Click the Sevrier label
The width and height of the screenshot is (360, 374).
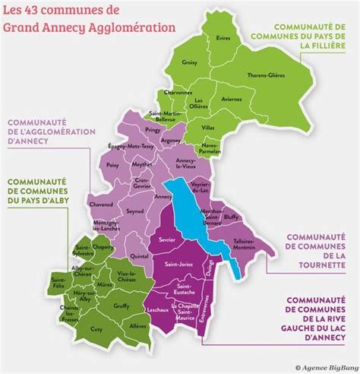pyautogui.click(x=167, y=239)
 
